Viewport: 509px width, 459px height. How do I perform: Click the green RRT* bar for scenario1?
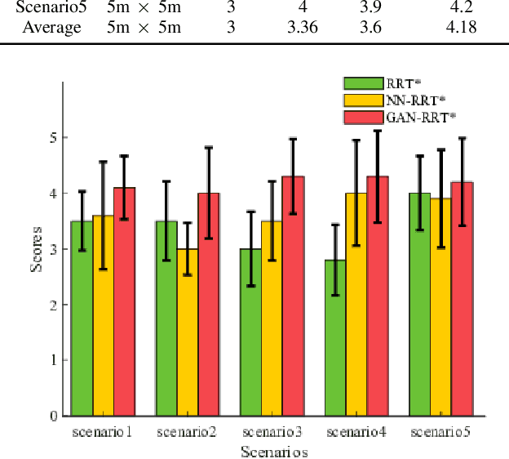click(x=82, y=319)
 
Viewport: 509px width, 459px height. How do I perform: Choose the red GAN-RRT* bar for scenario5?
click(x=462, y=299)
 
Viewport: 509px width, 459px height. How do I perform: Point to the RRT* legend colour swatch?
click(x=363, y=83)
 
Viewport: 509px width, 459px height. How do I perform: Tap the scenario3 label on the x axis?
click(x=272, y=431)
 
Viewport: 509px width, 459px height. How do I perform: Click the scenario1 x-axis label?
click(x=103, y=431)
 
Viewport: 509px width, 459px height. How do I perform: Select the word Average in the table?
click(x=54, y=28)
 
